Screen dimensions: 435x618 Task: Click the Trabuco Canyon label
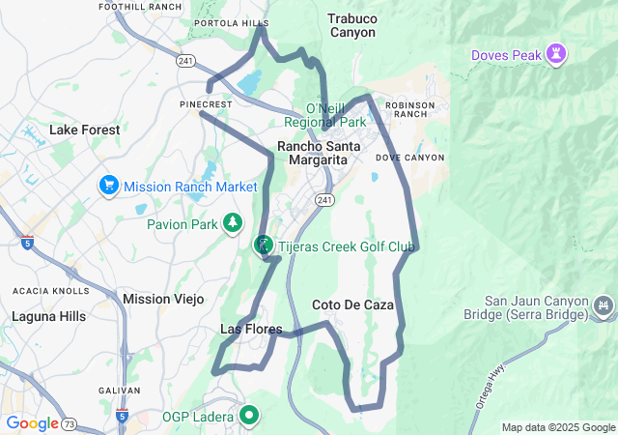pyautogui.click(x=351, y=25)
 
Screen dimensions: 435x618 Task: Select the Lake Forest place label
pyautogui.click(x=85, y=130)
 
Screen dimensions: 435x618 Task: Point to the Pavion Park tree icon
pyautogui.click(x=233, y=224)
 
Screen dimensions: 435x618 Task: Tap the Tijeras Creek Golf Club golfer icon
pyautogui.click(x=264, y=246)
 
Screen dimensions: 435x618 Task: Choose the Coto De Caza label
pyautogui.click(x=353, y=304)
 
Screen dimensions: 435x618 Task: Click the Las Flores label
pyautogui.click(x=251, y=330)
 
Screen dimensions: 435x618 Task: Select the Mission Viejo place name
pyautogui.click(x=163, y=299)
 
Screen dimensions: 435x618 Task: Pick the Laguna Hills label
pyautogui.click(x=48, y=316)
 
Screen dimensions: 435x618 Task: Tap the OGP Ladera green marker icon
pyautogui.click(x=249, y=417)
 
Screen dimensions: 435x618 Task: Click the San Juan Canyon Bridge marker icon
pyautogui.click(x=604, y=306)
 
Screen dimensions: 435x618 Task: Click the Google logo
pyautogui.click(x=32, y=423)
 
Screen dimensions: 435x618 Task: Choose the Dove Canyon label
pyautogui.click(x=409, y=157)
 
